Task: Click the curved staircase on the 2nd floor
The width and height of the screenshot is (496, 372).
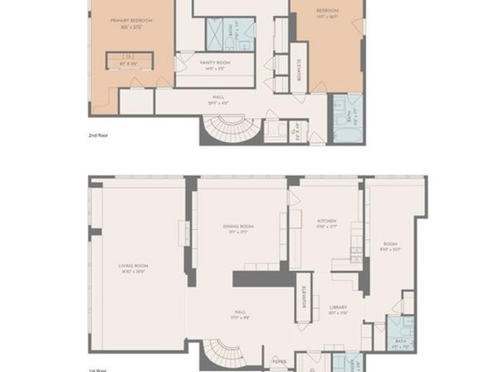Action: click(x=227, y=131)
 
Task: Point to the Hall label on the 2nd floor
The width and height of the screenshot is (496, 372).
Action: click(x=218, y=98)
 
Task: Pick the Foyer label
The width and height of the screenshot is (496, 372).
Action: click(x=279, y=361)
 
